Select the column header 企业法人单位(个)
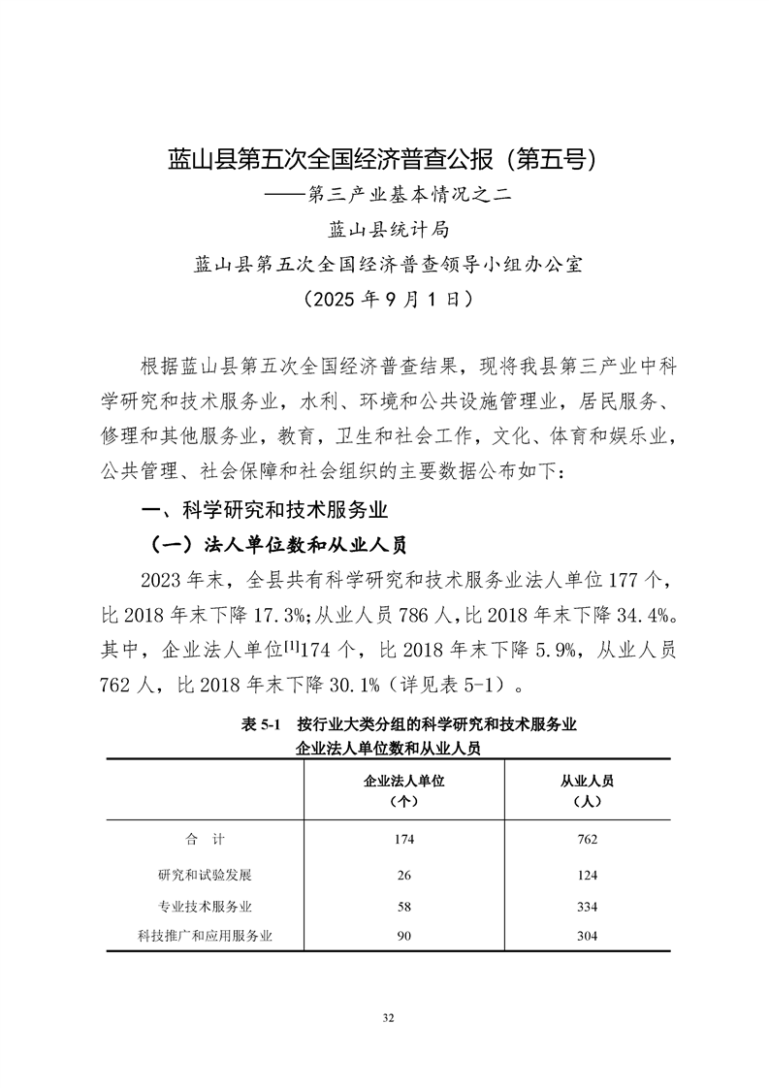click(403, 790)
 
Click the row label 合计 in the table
click(205, 839)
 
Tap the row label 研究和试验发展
click(205, 875)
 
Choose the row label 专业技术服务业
click(205, 906)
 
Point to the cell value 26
click(403, 876)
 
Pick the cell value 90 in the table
click(403, 937)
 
